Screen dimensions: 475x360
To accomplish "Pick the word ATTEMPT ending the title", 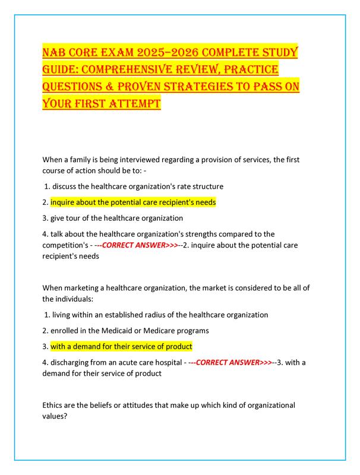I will (x=132, y=104).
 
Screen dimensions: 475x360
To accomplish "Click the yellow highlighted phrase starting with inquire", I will (x=133, y=202).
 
